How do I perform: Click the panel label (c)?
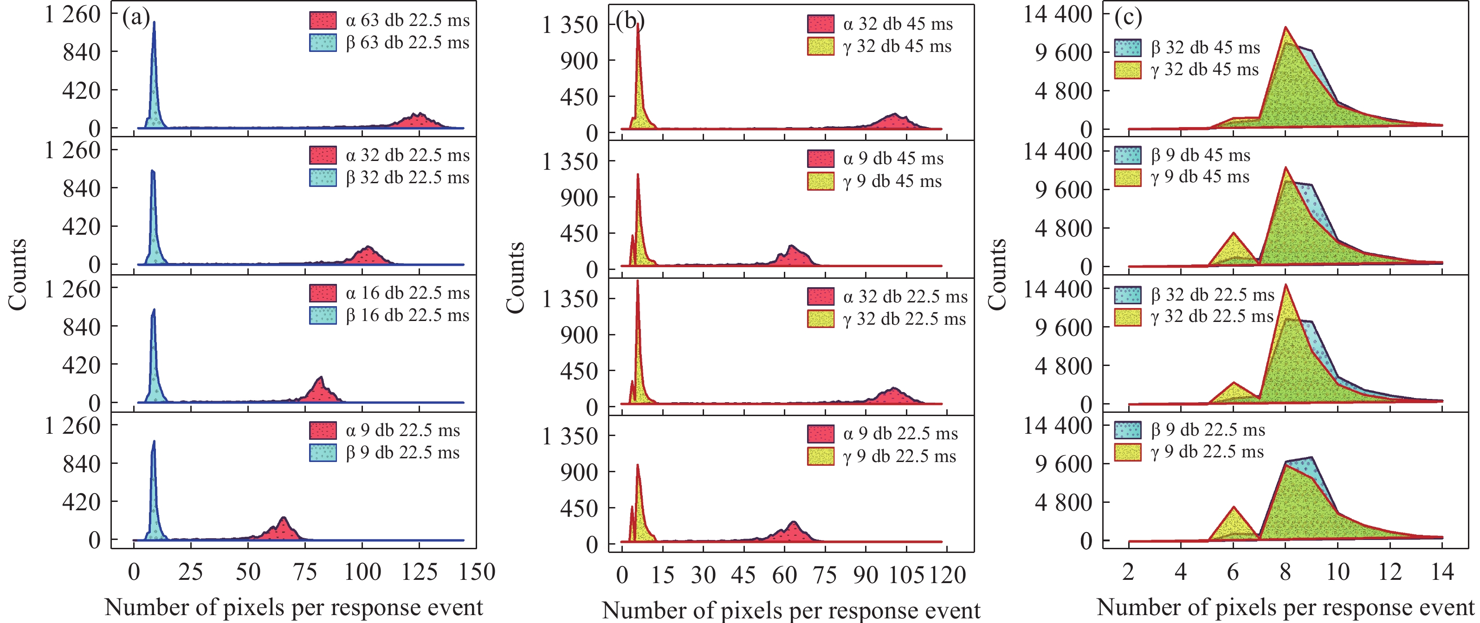coord(1128,18)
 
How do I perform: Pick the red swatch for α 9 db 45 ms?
coord(821,159)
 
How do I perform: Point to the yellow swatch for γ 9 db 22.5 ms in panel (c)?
coord(1127,452)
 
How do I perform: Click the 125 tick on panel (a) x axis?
coord(420,572)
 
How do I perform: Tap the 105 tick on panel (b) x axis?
coord(906,575)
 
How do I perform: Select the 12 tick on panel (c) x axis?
coord(1390,572)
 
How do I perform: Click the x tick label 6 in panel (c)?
coord(1233,572)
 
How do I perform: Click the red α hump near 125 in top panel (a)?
coord(420,121)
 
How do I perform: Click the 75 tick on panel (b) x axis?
coord(825,575)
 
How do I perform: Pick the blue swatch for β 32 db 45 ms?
coord(1127,48)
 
